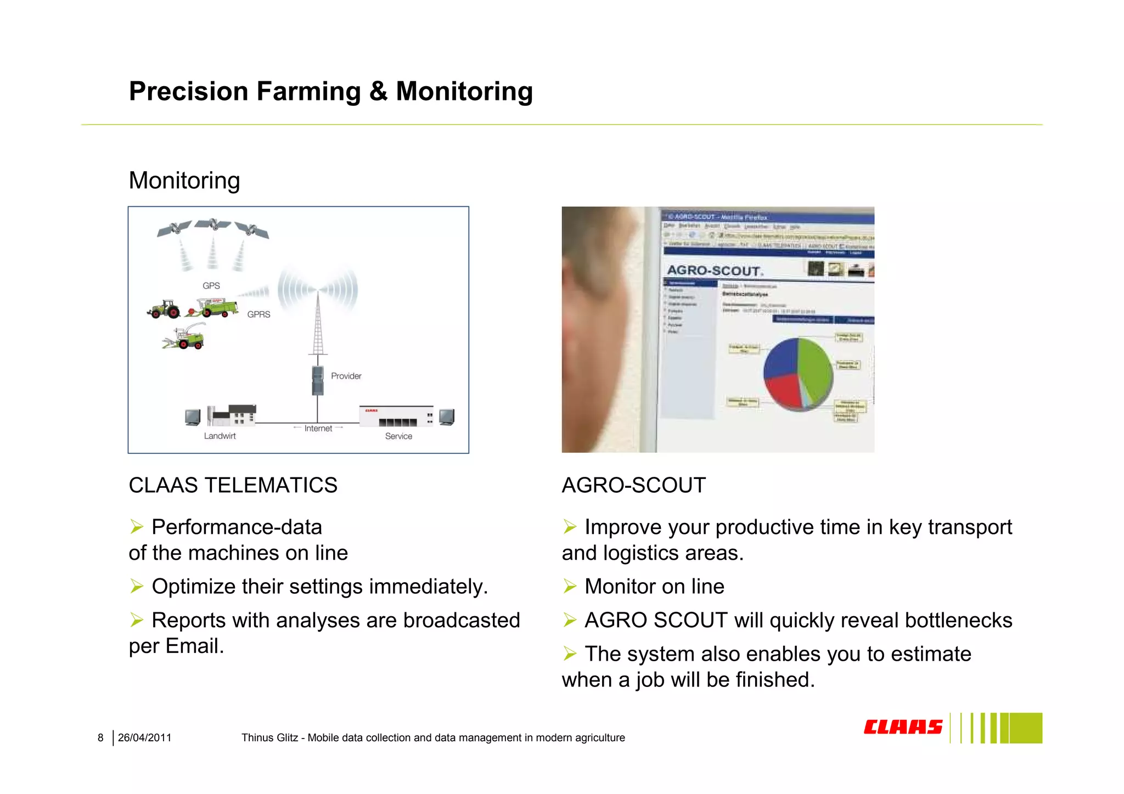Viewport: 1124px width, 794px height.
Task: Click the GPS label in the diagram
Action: click(211, 286)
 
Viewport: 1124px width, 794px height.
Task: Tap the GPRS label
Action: click(258, 314)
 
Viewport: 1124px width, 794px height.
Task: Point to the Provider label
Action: click(346, 376)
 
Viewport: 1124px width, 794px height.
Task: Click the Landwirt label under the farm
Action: click(220, 436)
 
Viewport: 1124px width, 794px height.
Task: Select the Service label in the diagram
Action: click(398, 436)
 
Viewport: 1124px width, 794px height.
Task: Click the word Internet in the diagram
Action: click(318, 429)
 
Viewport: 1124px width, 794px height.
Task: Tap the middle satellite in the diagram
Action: click(213, 224)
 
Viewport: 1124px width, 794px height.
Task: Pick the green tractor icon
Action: click(164, 309)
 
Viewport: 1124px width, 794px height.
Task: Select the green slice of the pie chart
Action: click(816, 368)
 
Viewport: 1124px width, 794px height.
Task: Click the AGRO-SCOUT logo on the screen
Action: click(714, 271)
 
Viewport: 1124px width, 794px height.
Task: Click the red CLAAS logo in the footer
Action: click(902, 727)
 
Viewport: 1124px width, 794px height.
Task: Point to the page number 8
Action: click(100, 738)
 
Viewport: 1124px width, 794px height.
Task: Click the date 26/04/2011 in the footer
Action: click(144, 738)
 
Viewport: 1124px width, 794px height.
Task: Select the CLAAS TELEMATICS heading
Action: click(233, 486)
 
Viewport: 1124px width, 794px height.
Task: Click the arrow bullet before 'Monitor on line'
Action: click(570, 587)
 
